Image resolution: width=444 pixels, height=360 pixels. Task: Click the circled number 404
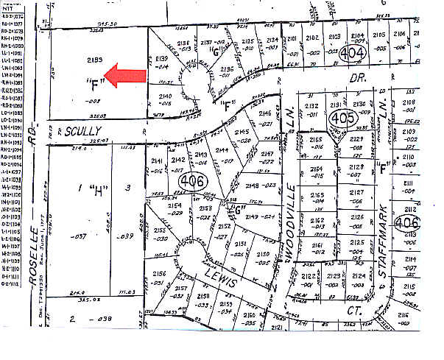pyautogui.click(x=355, y=52)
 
